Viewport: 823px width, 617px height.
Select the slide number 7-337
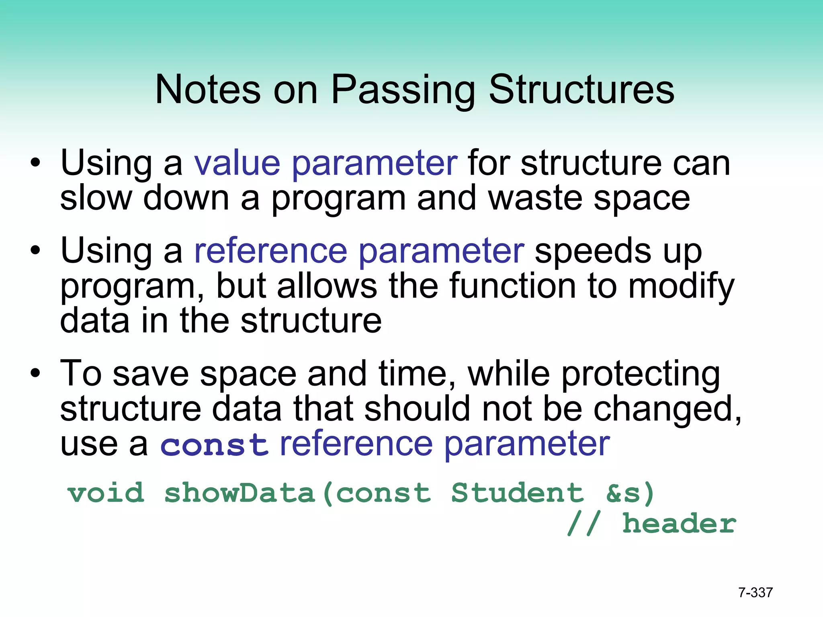coord(755,592)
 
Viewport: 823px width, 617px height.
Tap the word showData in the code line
coord(240,493)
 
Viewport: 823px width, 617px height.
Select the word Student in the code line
coord(517,493)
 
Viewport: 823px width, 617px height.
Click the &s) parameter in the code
coord(630,494)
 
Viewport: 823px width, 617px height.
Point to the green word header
coord(679,524)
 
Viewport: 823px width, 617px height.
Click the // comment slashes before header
coord(583,524)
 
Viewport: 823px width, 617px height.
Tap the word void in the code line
coord(106,493)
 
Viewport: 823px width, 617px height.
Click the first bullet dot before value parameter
coord(35,163)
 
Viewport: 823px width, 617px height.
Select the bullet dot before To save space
coord(35,374)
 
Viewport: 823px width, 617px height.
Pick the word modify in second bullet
coord(681,286)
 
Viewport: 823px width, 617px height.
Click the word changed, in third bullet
coord(667,409)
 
